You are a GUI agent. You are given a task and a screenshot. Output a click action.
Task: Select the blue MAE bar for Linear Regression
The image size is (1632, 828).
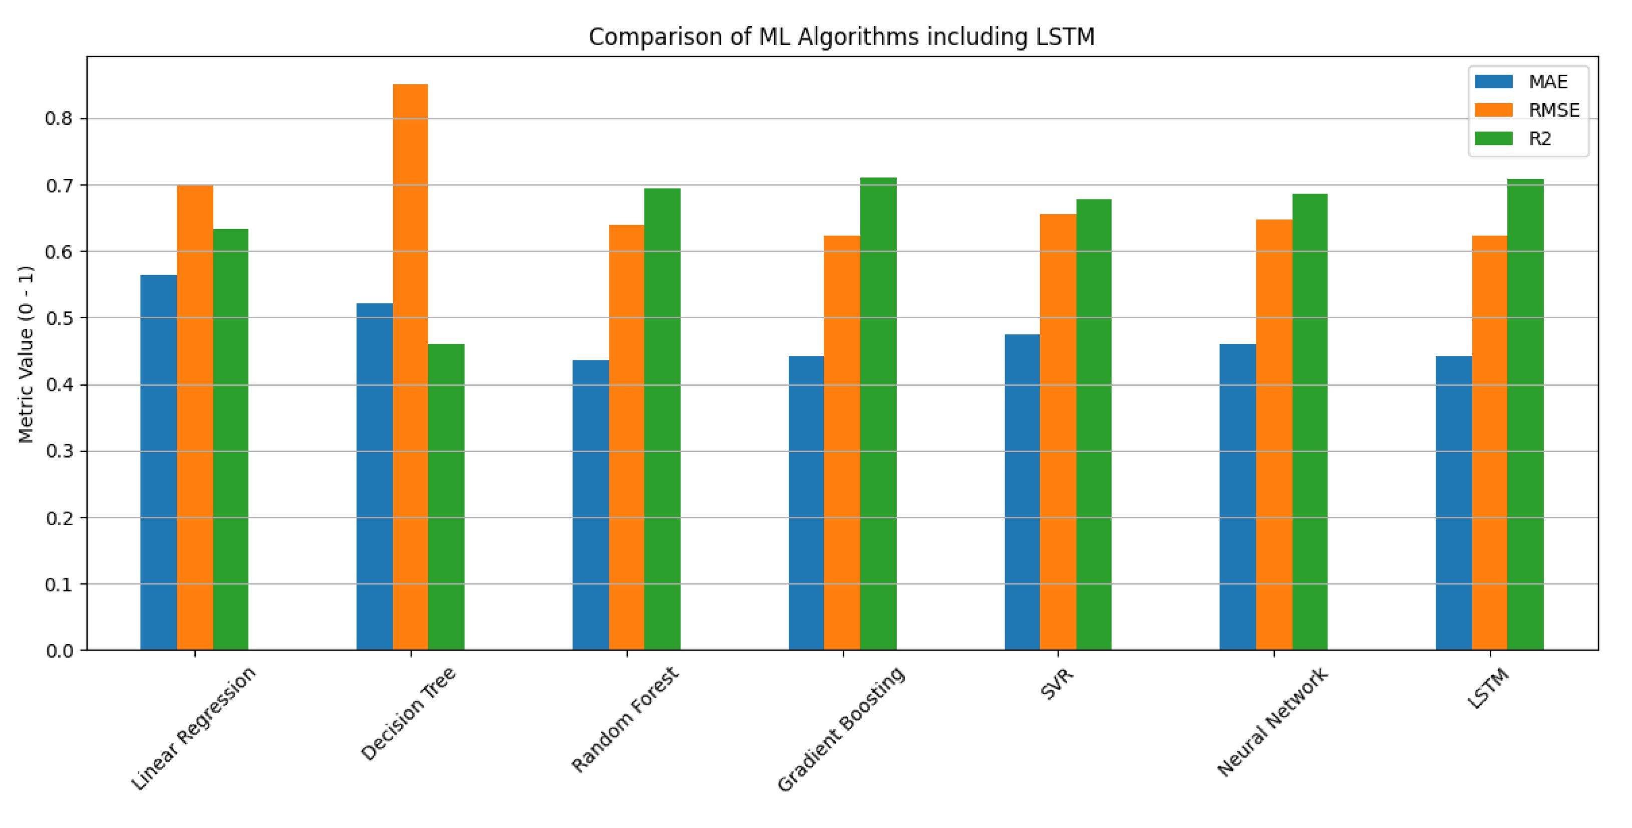[x=158, y=462]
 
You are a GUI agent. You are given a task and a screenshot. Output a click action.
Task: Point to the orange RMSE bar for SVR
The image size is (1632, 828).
[x=1058, y=432]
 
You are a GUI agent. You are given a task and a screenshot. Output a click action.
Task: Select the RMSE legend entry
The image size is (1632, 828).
[x=1553, y=110]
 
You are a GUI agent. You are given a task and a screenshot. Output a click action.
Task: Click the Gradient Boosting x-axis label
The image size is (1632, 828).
[x=841, y=729]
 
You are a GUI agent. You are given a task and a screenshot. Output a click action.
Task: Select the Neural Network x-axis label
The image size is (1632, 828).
[x=1272, y=722]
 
